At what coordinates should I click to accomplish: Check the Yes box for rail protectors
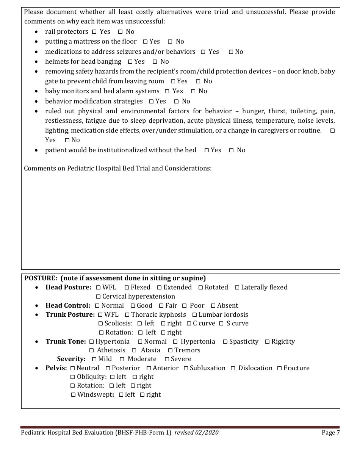94,32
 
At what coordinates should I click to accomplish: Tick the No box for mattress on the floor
170,42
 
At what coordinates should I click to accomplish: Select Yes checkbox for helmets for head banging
130,62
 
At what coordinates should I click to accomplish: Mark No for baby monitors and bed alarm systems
193,91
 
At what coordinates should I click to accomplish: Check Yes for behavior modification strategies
151,102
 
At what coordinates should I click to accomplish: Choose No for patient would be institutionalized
231,150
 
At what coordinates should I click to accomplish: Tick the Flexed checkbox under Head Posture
127,288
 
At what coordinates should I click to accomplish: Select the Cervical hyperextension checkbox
99,297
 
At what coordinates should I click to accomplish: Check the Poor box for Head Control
185,306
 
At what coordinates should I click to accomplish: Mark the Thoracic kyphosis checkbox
127,315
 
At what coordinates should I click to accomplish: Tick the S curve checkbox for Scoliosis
221,324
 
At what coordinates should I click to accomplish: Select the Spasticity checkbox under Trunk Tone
225,342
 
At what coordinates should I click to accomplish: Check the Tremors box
171,350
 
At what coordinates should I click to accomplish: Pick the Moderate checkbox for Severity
122,359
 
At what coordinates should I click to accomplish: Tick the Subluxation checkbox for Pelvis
186,368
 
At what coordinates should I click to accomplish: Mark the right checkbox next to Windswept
142,395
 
